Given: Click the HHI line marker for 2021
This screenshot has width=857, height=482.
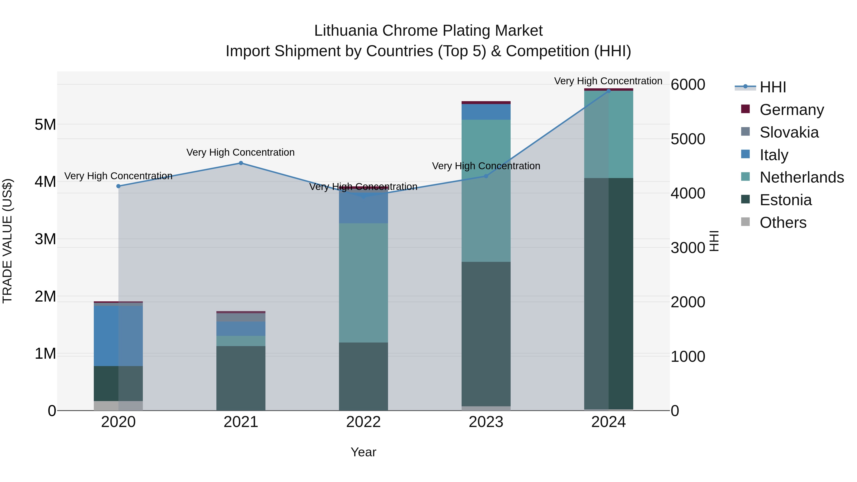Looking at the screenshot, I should tap(241, 163).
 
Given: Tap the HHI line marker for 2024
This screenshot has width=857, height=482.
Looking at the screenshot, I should tap(608, 91).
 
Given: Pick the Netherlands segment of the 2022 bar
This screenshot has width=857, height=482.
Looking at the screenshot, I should tap(363, 283).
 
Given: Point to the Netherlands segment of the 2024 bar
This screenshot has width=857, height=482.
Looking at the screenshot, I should tap(608, 134).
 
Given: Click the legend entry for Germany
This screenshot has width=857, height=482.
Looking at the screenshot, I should tap(791, 110).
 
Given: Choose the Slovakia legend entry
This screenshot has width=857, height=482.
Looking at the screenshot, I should tap(788, 132).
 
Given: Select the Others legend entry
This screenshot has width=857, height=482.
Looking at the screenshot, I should tap(782, 223).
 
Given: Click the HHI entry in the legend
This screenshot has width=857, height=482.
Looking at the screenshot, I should tap(772, 87).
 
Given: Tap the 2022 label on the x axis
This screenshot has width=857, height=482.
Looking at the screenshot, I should tap(363, 422).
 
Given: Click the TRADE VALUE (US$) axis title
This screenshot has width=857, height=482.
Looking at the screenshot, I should tap(7, 241).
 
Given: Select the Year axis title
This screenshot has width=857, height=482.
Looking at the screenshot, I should tap(363, 452).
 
